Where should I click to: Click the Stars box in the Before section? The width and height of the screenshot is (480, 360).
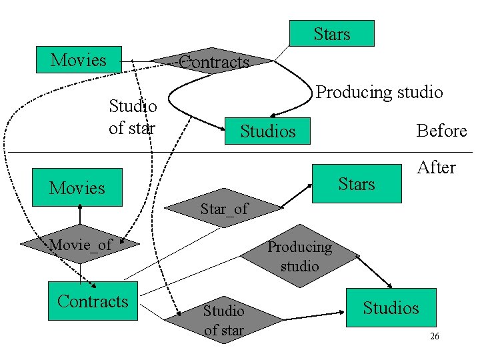(x=331, y=33)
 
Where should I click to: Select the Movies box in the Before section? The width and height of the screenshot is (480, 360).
(x=79, y=60)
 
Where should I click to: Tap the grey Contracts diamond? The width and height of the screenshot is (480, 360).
(x=212, y=62)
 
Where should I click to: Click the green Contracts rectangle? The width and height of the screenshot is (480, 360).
(x=93, y=301)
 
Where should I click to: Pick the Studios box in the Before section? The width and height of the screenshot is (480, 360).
(x=267, y=131)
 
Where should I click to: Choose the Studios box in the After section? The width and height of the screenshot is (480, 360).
(x=391, y=307)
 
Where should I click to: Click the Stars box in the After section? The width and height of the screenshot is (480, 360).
(x=357, y=183)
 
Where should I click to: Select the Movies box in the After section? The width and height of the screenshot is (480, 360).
(x=78, y=187)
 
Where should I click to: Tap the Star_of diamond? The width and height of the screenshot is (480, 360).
(x=223, y=209)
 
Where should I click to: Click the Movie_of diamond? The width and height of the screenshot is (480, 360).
(x=80, y=245)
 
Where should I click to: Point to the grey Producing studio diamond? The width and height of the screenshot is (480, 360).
(x=299, y=256)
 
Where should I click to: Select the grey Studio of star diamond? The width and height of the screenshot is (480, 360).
(x=223, y=319)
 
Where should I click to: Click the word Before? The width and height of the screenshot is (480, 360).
(x=441, y=131)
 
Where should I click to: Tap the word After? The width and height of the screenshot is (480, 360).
(x=436, y=167)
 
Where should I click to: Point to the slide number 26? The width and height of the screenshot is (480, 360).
(x=434, y=337)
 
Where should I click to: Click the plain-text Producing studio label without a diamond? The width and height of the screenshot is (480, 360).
(x=379, y=92)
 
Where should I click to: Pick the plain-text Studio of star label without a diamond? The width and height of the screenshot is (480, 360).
(x=133, y=116)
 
